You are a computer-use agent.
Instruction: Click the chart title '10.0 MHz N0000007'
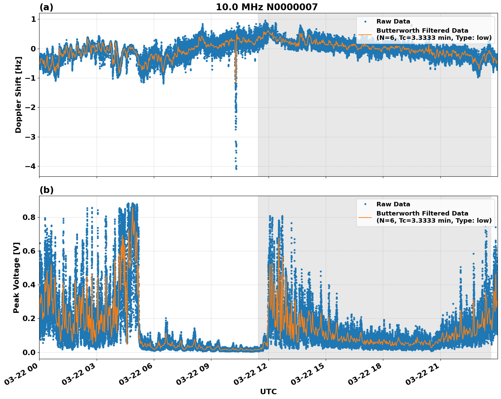tap(266, 7)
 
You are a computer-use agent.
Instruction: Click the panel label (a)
tap(46, 7)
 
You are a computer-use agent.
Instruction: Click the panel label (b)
tap(46, 190)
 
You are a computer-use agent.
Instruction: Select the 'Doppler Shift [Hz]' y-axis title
tap(18, 95)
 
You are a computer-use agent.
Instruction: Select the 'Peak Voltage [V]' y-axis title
tap(16, 277)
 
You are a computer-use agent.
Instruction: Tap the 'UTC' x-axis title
tap(268, 392)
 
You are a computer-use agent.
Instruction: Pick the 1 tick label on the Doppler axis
tap(33, 19)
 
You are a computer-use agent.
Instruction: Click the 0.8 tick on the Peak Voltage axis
tap(29, 217)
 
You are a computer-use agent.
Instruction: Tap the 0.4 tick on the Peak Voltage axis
tap(29, 285)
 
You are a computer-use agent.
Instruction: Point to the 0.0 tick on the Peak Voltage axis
tap(29, 352)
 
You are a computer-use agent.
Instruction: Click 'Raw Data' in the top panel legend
tap(393, 21)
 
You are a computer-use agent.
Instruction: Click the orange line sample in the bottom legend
tap(365, 217)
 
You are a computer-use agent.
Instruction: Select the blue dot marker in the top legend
tap(365, 21)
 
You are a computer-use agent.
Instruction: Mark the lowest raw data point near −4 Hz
tap(236, 169)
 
